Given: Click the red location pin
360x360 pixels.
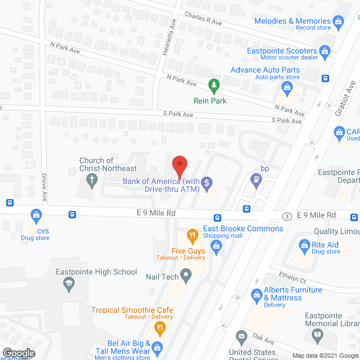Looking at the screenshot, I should pyautogui.click(x=179, y=166).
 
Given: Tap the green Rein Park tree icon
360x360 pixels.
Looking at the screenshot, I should pyautogui.click(x=214, y=85).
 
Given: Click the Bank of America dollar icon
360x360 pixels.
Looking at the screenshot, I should pyautogui.click(x=207, y=182).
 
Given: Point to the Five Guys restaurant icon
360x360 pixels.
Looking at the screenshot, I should pyautogui.click(x=192, y=235).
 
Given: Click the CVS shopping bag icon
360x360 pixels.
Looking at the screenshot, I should pyautogui.click(x=36, y=215).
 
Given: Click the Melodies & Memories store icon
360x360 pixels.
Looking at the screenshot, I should pyautogui.click(x=338, y=22).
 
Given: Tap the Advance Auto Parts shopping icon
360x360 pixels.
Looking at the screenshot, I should pyautogui.click(x=286, y=87).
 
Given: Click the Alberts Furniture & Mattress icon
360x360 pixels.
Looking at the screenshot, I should pyautogui.click(x=256, y=294).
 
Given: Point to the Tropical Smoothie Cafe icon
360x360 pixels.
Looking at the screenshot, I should pyautogui.click(x=160, y=327).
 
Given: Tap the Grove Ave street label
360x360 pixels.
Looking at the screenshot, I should pyautogui.click(x=43, y=186).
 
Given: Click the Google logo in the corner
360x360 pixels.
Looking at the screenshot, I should pyautogui.click(x=18, y=353).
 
